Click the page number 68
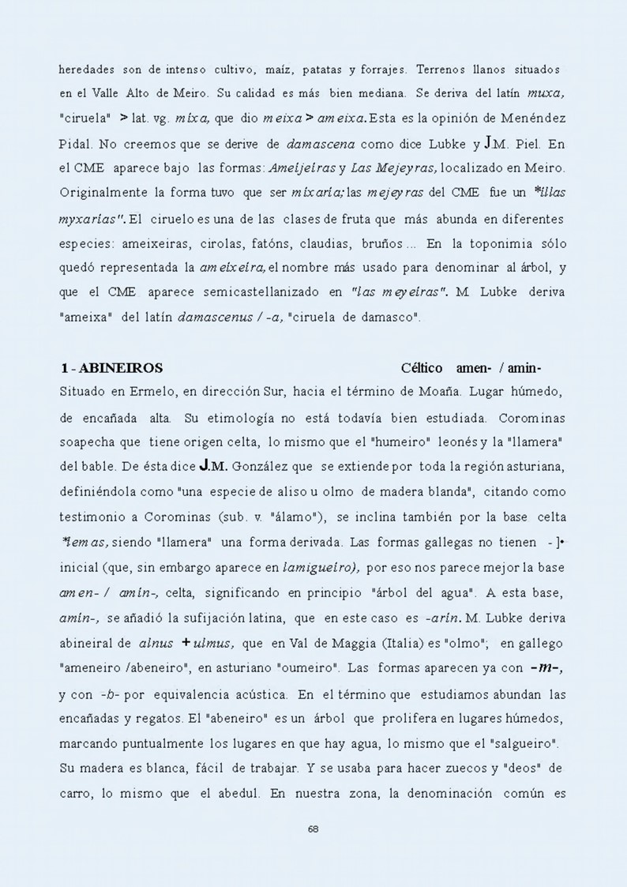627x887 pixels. [313, 829]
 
